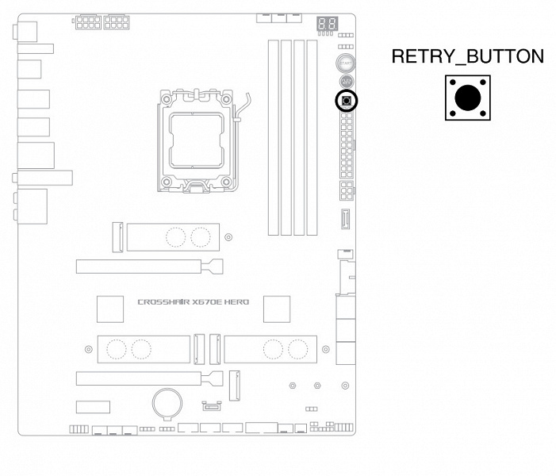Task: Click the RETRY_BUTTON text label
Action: pyautogui.click(x=467, y=57)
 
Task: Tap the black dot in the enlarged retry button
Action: pyautogui.click(x=467, y=98)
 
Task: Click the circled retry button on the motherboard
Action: pyautogui.click(x=347, y=100)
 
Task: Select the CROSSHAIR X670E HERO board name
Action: pyautogui.click(x=193, y=302)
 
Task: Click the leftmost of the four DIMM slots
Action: pyautogui.click(x=273, y=136)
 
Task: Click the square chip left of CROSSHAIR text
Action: pyautogui.click(x=110, y=309)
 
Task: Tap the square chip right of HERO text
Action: pyautogui.click(x=277, y=309)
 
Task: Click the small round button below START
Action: pyautogui.click(x=347, y=81)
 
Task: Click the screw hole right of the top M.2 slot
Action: pyautogui.click(x=229, y=236)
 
